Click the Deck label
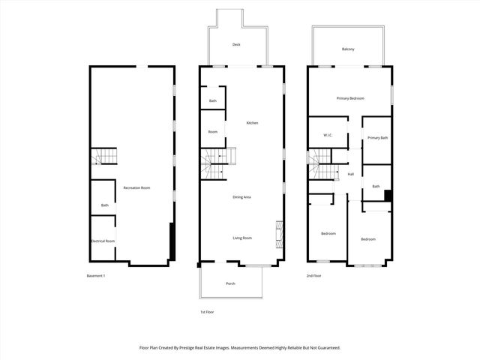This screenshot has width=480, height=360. point(236,44)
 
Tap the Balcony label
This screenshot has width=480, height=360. point(348,49)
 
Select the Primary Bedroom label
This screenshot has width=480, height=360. point(350,98)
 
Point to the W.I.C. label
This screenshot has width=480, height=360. point(328,135)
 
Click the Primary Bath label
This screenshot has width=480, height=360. point(377,137)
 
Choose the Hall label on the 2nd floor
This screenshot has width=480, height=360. point(350,175)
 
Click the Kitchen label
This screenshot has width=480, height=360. point(253,122)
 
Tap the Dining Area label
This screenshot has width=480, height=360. point(241,196)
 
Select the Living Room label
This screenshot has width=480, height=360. point(241,238)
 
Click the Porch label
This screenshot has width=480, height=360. point(231,283)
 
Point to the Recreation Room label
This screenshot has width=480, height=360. point(137,187)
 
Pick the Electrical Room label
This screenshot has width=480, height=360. point(103,241)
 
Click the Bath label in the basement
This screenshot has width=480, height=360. point(105,205)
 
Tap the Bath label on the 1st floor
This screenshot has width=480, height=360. point(213,101)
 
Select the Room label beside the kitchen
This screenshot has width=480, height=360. point(213,132)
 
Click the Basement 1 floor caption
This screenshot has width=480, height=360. point(96,276)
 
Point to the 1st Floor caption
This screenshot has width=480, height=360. point(208,312)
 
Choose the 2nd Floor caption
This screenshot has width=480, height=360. point(313,276)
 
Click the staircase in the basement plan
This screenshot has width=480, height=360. point(105,157)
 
